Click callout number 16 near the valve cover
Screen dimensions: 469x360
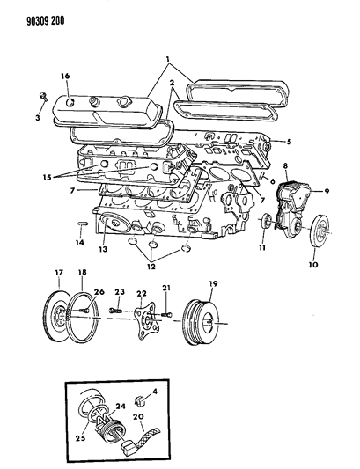pyautogui.click(x=64, y=77)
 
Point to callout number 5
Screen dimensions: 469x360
pyautogui.click(x=287, y=142)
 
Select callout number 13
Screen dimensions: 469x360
pyautogui.click(x=104, y=250)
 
